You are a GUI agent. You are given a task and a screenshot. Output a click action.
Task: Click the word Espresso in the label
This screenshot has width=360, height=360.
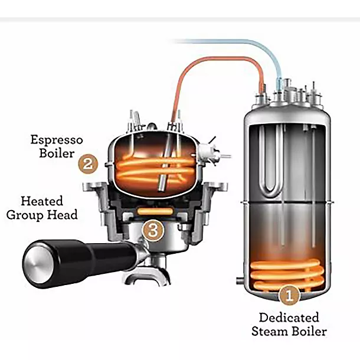57,140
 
